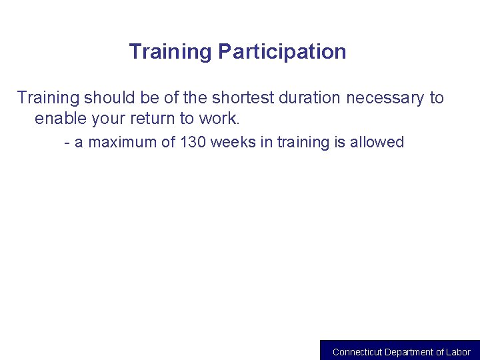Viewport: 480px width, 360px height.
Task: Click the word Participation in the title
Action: tap(282, 52)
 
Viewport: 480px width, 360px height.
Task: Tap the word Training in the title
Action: tap(171, 52)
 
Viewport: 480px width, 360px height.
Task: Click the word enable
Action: tap(61, 119)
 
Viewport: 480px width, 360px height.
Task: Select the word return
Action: tap(155, 119)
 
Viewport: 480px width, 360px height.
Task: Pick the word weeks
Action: tap(231, 143)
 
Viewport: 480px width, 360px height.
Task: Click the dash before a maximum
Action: tap(67, 143)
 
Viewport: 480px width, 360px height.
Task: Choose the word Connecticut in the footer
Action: tap(357, 352)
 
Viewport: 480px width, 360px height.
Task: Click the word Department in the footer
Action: tap(413, 352)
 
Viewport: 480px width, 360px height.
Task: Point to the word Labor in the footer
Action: tap(459, 352)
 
